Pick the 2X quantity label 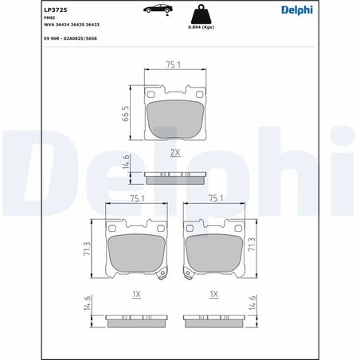(x=174, y=150)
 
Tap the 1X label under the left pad (x=135, y=294)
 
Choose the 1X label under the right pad (x=213, y=294)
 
